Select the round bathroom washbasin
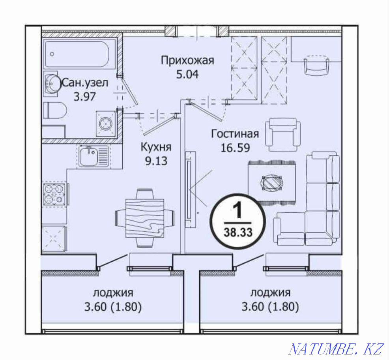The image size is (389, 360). pyautogui.click(x=51, y=84)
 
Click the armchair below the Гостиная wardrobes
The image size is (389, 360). pyautogui.click(x=283, y=135)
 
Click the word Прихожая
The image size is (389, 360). pyautogui.click(x=187, y=60)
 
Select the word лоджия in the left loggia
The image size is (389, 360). pyautogui.click(x=113, y=293)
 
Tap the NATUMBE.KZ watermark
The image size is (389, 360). pyautogui.click(x=336, y=349)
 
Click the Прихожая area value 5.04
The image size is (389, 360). pyautogui.click(x=187, y=73)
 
